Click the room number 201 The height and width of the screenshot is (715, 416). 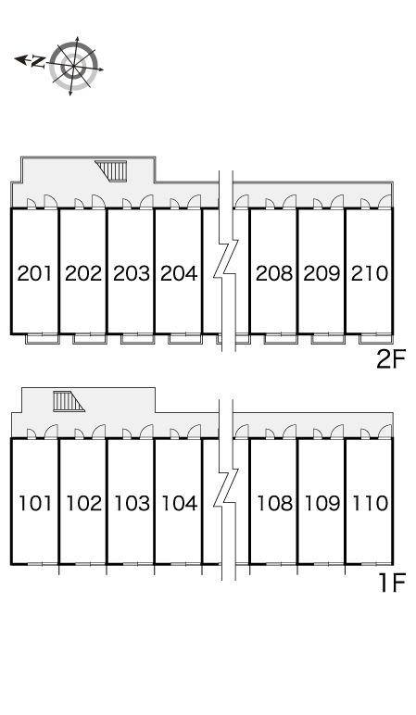coord(34,273)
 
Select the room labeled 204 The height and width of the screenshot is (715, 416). coord(179,273)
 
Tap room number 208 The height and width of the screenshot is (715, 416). coord(273,273)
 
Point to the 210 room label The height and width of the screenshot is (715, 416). coord(370,273)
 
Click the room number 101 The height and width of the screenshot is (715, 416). coord(35,504)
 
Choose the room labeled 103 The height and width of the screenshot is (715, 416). coord(132,504)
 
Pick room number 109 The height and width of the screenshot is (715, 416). coord(322,504)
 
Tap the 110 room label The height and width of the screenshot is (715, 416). coord(370,504)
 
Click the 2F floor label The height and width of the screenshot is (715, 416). coord(391,359)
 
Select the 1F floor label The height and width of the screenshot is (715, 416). coord(393,583)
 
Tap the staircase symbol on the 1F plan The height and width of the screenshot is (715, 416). coord(69,401)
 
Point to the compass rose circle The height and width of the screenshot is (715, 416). coord(73,66)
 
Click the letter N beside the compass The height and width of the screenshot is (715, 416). coord(38,61)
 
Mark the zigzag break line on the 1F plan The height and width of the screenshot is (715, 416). coord(226,490)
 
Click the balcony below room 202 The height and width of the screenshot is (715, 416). coord(90,339)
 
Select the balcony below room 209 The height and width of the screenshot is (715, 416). coord(328,339)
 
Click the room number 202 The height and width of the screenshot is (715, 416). coord(83,273)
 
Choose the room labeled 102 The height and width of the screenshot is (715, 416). coord(84,504)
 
